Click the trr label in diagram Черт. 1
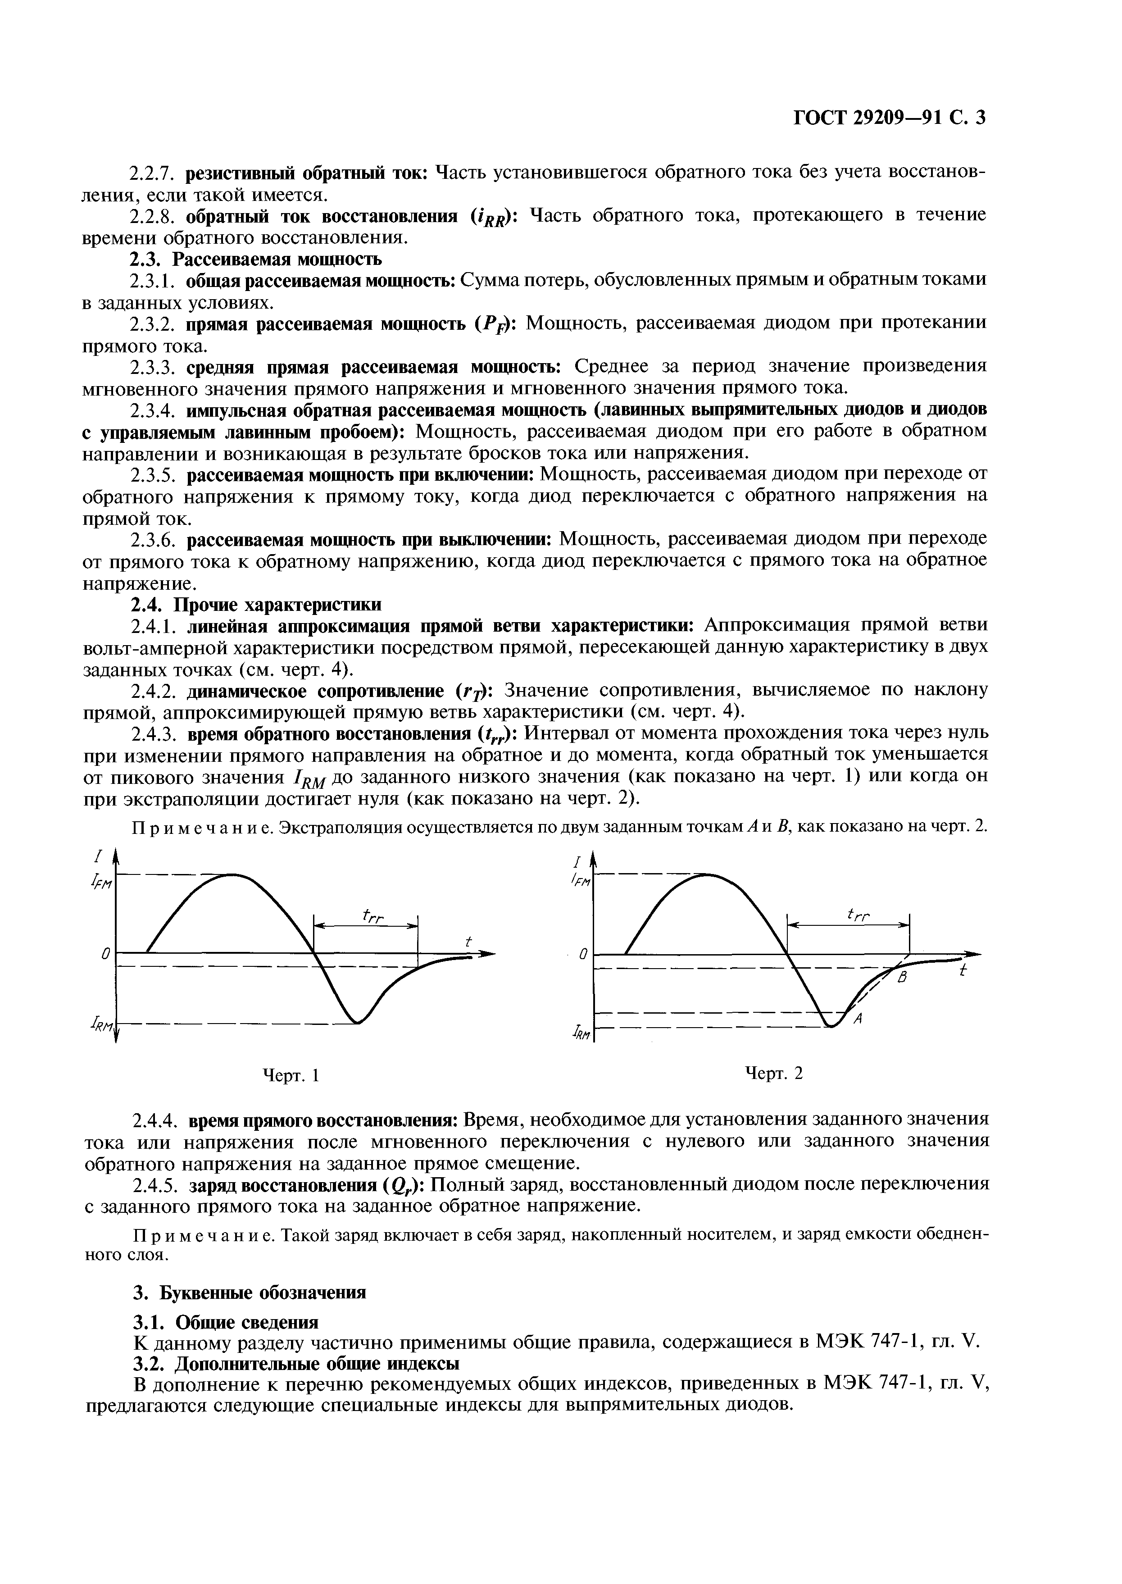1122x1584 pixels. click(372, 916)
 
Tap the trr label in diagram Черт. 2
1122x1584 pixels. click(859, 916)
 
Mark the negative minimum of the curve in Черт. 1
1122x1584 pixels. click(357, 1021)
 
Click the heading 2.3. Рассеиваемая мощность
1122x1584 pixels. click(256, 259)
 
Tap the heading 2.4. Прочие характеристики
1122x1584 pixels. click(256, 605)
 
